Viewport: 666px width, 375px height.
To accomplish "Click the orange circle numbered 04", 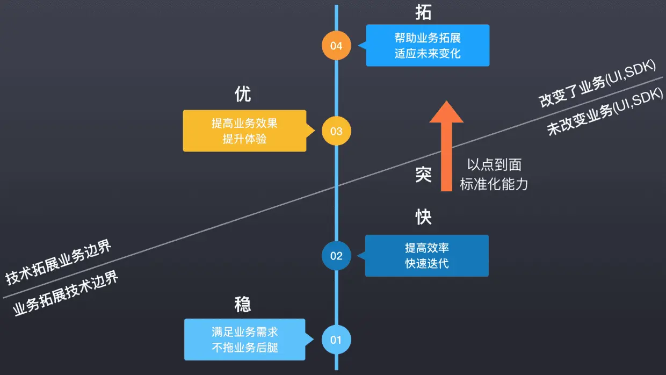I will click(x=336, y=46).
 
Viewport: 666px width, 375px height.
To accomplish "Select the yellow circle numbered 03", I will click(x=336, y=131).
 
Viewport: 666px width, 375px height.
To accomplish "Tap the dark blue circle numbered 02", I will click(x=336, y=256).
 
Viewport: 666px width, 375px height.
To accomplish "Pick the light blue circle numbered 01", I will click(x=336, y=340).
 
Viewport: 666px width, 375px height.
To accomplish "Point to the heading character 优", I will click(x=243, y=95).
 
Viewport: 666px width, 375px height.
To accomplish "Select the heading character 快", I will click(x=423, y=217).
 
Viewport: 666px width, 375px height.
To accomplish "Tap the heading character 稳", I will click(x=243, y=305).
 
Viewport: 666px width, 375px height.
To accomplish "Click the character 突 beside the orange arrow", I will click(x=423, y=174).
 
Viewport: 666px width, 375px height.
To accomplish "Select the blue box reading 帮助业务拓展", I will click(x=428, y=46).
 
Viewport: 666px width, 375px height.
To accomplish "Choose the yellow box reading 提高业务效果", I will click(x=244, y=131).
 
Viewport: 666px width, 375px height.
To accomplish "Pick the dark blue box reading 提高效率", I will click(x=427, y=256).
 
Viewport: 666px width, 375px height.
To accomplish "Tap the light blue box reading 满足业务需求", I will click(x=245, y=340).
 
